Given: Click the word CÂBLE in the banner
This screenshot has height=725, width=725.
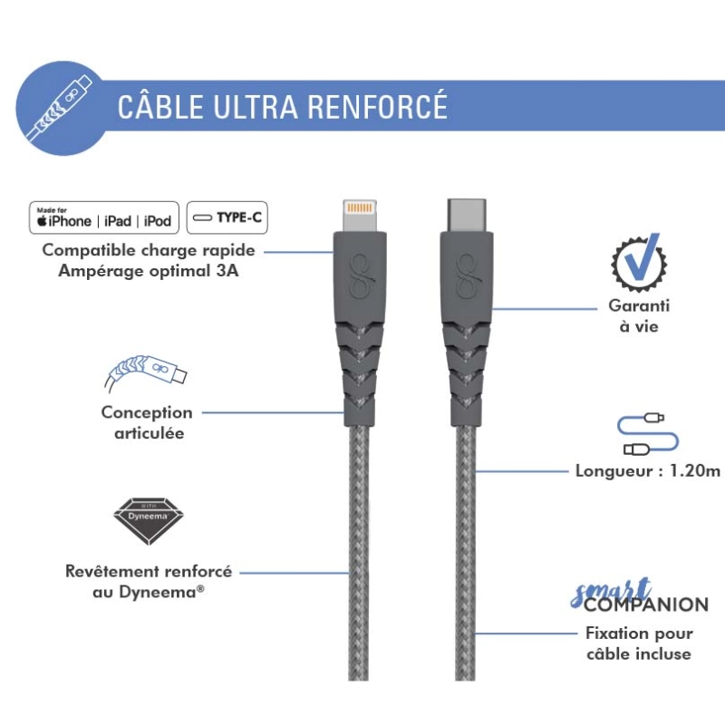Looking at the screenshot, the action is pos(160,106).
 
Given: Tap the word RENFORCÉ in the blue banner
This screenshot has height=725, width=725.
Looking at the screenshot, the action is pos(378,106).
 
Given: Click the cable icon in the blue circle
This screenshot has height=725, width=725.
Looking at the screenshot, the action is pos(59,108).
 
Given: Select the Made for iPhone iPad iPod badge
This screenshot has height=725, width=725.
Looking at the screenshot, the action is pos(104,217).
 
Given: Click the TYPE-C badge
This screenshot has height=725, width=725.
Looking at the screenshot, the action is pos(227,217).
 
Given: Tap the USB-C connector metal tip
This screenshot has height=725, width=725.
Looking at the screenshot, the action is pos(467,216).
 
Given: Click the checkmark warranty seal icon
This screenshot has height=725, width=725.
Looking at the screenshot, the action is pos(639,262).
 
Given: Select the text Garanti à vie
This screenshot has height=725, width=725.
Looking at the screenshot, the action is pos(639,315).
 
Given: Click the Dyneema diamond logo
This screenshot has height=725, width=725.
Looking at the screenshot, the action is pos(149,521).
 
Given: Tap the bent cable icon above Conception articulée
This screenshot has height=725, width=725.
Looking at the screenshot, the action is pos(145,372).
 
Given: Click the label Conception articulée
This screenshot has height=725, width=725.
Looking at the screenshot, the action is pos(147,422).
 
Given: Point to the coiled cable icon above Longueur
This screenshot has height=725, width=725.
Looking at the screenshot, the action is pos(647,435).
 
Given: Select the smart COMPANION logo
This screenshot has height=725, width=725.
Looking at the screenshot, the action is pos(639,595).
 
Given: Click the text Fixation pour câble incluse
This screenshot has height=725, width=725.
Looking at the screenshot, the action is pos(639,643).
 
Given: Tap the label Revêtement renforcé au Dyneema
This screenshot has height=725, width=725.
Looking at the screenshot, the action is pos(149,581).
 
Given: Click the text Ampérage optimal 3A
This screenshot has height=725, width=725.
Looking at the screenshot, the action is pos(149,270).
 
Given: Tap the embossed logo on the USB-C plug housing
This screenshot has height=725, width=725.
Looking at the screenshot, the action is pos(468,277).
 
